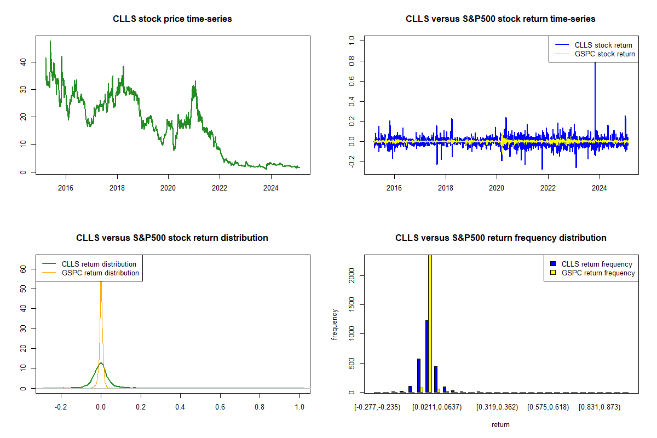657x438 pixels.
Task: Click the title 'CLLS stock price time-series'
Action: [172, 19]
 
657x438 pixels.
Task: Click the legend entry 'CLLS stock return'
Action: [603, 45]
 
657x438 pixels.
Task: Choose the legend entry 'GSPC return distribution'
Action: [100, 273]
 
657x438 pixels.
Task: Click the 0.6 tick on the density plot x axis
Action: [220, 408]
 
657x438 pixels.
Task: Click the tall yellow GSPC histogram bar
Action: [430, 323]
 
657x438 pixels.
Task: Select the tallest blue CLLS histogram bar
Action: [427, 356]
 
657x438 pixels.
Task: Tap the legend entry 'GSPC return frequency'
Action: [598, 273]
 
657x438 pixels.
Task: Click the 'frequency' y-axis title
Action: [335, 325]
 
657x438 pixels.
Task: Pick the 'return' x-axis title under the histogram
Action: [500, 424]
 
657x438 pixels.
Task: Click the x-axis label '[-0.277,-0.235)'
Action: [378, 407]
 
